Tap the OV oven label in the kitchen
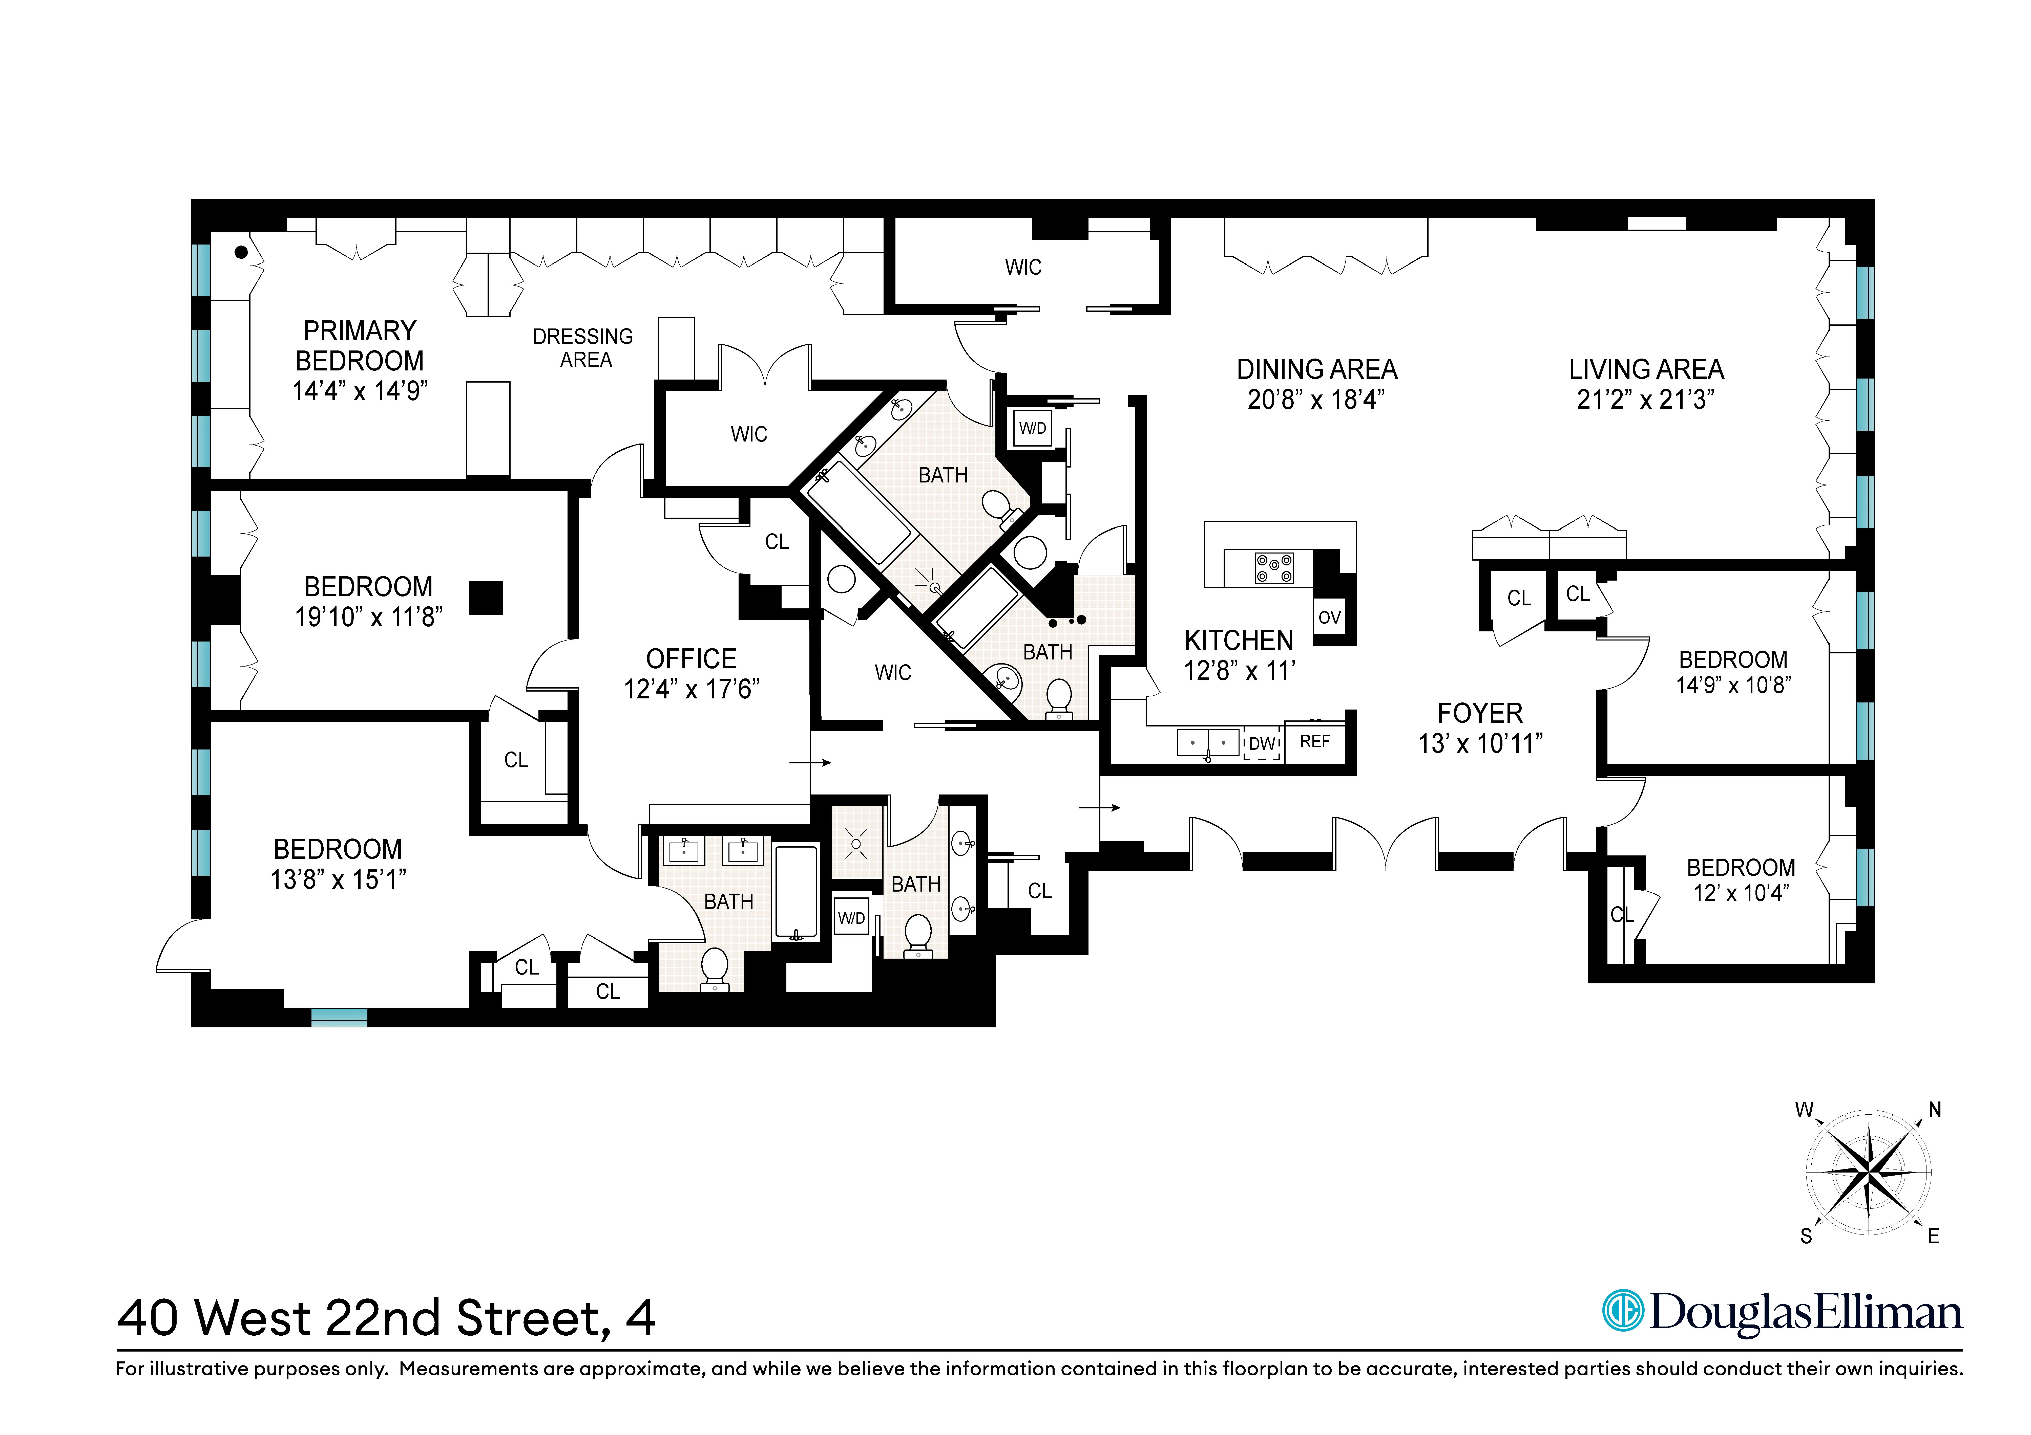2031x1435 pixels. [x=1329, y=617]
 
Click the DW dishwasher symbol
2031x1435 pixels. [x=1262, y=744]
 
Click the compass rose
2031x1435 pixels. [x=1868, y=1173]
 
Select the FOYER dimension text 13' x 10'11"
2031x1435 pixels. [x=1480, y=744]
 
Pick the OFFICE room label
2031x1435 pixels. [x=691, y=659]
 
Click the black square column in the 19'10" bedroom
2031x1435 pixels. [x=486, y=598]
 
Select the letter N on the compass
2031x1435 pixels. [x=1935, y=1110]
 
